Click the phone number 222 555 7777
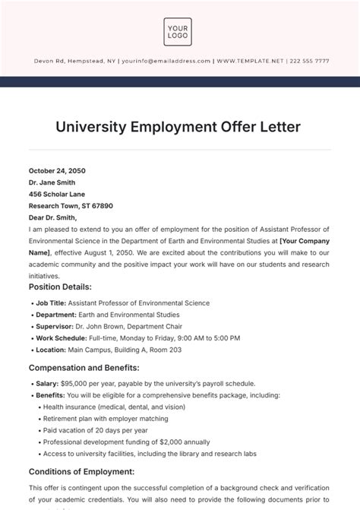[306, 62]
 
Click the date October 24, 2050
[56, 170]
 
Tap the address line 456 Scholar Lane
[56, 194]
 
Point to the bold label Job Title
[51, 303]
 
